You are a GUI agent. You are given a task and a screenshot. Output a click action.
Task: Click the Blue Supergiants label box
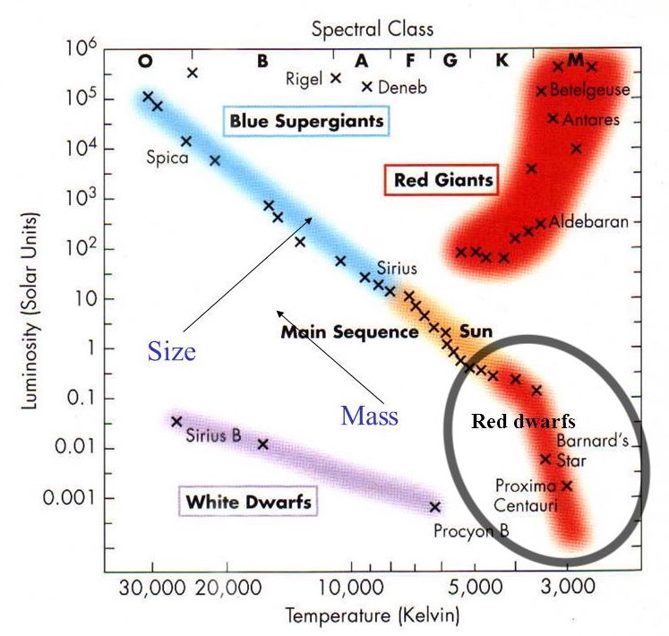pyautogui.click(x=306, y=119)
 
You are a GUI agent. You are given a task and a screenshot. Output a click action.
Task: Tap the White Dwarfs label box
pyautogui.click(x=248, y=502)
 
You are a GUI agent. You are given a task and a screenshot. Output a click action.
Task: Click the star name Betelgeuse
pyautogui.click(x=590, y=90)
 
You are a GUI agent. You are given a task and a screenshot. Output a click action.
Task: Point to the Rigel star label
pyautogui.click(x=303, y=79)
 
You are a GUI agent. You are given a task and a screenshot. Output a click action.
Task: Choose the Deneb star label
pyautogui.click(x=402, y=87)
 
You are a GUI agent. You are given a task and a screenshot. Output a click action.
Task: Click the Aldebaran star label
pyautogui.click(x=588, y=221)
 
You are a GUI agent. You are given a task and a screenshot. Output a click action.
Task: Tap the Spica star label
pyautogui.click(x=167, y=158)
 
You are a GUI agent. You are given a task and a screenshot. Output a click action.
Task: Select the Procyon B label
pyautogui.click(x=471, y=530)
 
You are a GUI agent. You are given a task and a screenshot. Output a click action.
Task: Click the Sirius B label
pyautogui.click(x=213, y=437)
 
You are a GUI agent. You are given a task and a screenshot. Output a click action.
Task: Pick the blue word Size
pyautogui.click(x=171, y=351)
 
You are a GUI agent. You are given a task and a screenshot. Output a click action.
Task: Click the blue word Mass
pyautogui.click(x=369, y=416)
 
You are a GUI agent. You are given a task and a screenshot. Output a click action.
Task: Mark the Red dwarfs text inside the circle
pyautogui.click(x=523, y=421)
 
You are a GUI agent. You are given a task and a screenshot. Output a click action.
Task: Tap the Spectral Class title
pyautogui.click(x=372, y=29)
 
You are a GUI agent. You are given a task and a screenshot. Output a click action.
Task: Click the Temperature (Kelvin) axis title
pyautogui.click(x=372, y=616)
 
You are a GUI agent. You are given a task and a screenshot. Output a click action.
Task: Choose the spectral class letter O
pyautogui.click(x=145, y=61)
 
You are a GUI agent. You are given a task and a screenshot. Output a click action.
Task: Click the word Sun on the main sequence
pyautogui.click(x=476, y=331)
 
